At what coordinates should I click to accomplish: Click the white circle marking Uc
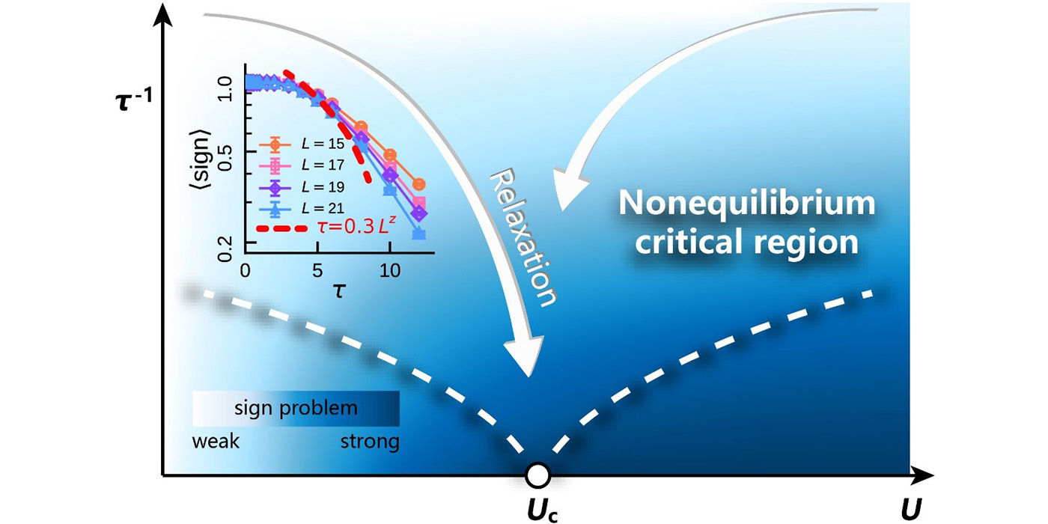[x=538, y=475]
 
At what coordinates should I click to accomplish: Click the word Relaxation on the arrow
[x=524, y=236]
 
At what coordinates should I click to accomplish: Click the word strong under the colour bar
[x=370, y=441]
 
